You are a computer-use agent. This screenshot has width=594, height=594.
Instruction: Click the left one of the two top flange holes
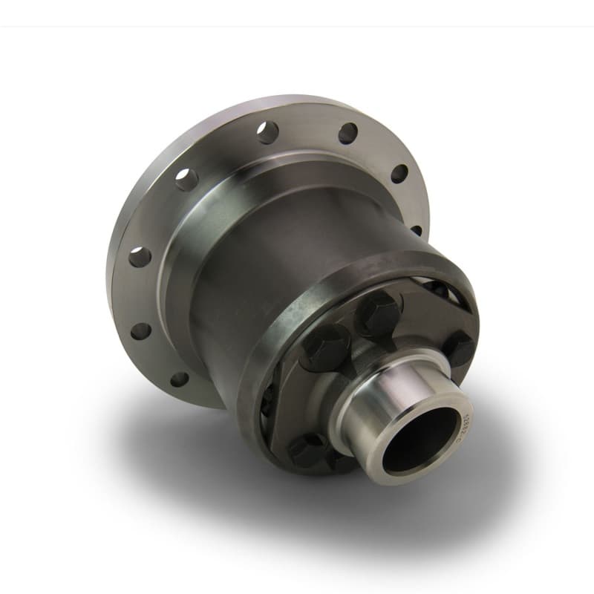point(268,132)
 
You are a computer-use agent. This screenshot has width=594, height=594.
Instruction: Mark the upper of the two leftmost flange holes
point(140,257)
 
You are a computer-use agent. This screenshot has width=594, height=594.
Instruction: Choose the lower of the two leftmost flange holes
point(140,330)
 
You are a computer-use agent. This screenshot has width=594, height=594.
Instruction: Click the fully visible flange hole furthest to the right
point(399,174)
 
